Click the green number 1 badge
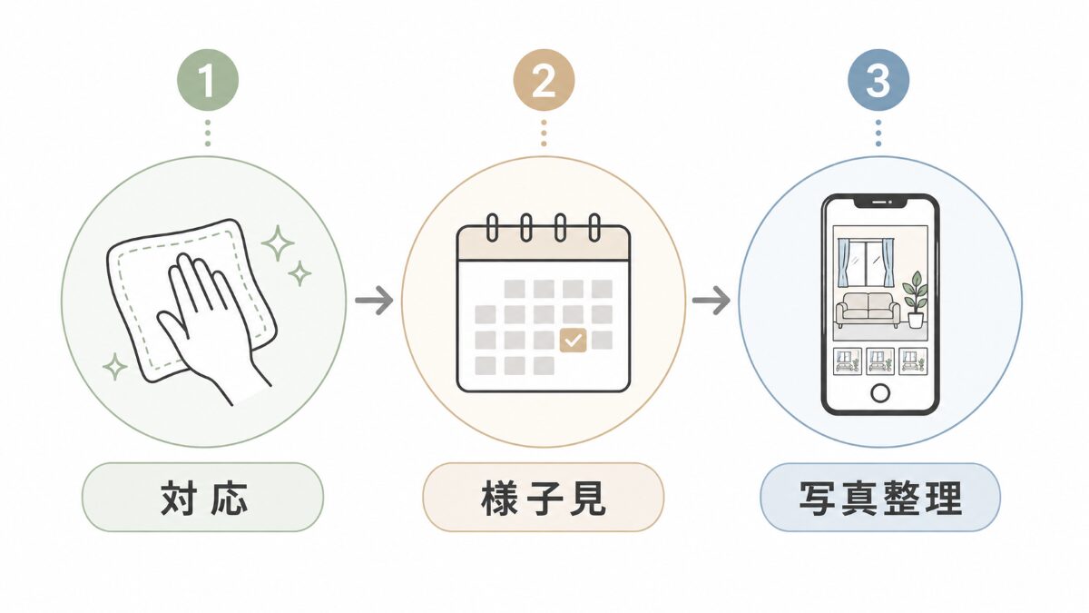pyautogui.click(x=208, y=80)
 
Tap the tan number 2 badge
pyautogui.click(x=544, y=80)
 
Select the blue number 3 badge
pyautogui.click(x=878, y=80)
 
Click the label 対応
pyautogui.click(x=203, y=498)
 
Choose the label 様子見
pyautogui.click(x=544, y=498)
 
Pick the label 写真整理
pyautogui.click(x=880, y=498)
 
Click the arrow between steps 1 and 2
pyautogui.click(x=374, y=301)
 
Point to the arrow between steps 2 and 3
pyautogui.click(x=711, y=301)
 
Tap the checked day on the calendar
pyautogui.click(x=574, y=340)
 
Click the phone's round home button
pyautogui.click(x=880, y=392)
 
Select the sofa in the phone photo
pyautogui.click(x=868, y=310)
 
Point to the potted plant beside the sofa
pyautogui.click(x=915, y=299)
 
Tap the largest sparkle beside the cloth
pyautogui.click(x=278, y=242)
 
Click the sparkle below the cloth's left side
pyautogui.click(x=115, y=366)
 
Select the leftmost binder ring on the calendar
pyautogui.click(x=492, y=227)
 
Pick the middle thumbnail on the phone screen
pyautogui.click(x=880, y=361)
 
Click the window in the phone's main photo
pyautogui.click(x=867, y=262)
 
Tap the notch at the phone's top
pyautogui.click(x=880, y=202)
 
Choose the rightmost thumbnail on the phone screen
pyautogui.click(x=913, y=361)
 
